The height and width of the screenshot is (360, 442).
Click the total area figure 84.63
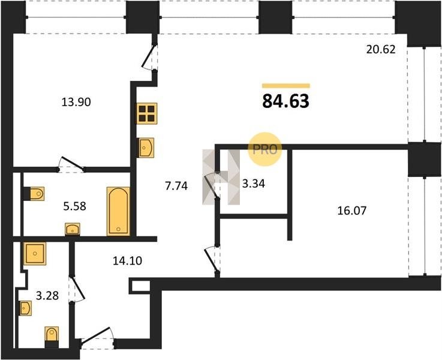point(286,101)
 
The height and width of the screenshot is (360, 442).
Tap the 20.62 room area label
point(381,50)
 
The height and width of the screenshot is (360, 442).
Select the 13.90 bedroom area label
point(76,102)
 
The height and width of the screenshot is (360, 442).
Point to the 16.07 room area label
point(352,211)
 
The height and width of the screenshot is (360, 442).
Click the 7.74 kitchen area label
point(176,186)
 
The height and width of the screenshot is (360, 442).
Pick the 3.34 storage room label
point(254,184)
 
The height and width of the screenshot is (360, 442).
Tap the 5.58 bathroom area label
point(75,206)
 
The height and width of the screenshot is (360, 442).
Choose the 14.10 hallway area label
point(127,261)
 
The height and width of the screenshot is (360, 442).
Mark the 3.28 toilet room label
point(47,295)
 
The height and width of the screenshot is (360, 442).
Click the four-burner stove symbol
point(147,113)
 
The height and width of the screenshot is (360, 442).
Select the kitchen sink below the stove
point(146,148)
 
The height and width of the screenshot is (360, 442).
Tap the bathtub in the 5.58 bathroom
point(118,211)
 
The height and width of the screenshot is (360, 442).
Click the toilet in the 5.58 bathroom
point(34,194)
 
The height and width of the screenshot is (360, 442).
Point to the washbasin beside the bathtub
point(73,229)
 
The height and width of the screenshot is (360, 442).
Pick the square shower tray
point(35,253)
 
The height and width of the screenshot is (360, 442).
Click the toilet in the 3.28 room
point(52,337)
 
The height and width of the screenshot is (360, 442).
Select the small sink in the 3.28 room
point(25,308)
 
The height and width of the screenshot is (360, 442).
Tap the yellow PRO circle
point(264,149)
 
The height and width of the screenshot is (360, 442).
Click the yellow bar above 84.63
point(286,86)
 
